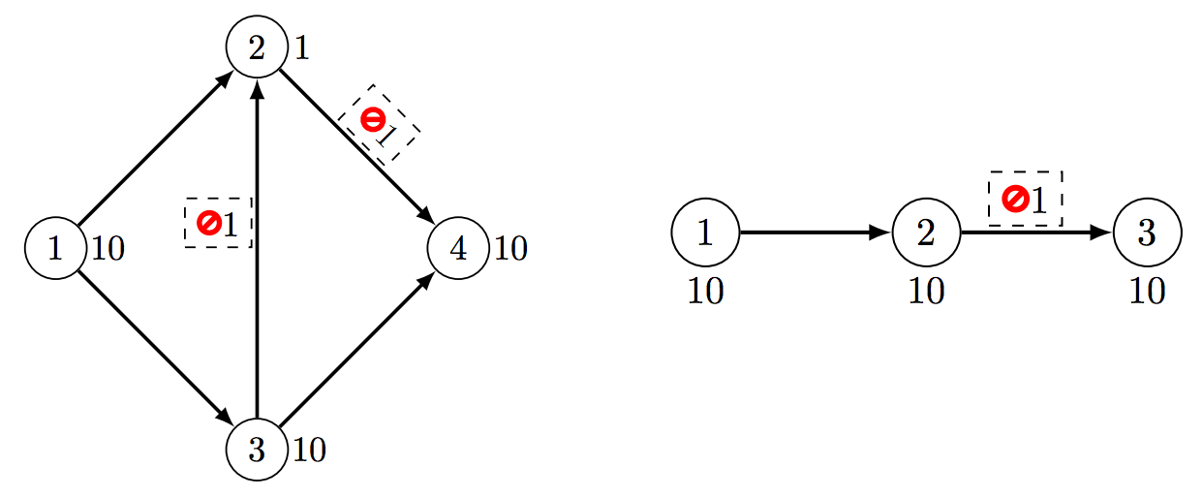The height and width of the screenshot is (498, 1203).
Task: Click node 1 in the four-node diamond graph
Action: [x=55, y=248]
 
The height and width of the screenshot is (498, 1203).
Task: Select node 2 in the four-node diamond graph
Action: [x=257, y=47]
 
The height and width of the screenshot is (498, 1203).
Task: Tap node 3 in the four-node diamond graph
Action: [x=257, y=450]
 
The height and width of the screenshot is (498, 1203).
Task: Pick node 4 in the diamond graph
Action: [x=458, y=248]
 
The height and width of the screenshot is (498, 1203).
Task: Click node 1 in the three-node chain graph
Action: [x=705, y=233]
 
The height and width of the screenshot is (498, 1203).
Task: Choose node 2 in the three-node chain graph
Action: [x=926, y=233]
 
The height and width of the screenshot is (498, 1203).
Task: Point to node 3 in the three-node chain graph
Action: [x=1147, y=233]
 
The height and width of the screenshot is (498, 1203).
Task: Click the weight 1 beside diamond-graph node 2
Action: [x=302, y=47]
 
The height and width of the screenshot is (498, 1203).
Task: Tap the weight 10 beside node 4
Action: [x=510, y=249]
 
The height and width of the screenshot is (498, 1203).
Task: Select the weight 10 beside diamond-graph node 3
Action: [x=309, y=451]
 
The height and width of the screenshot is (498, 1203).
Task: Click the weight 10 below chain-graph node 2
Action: [x=926, y=292]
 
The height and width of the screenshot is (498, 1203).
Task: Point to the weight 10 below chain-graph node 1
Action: [x=706, y=292]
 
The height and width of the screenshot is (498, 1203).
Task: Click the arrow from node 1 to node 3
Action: [x=156, y=349]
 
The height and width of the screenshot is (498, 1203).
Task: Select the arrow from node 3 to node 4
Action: [x=357, y=349]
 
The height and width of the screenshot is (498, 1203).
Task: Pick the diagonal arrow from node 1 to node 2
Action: [x=156, y=147]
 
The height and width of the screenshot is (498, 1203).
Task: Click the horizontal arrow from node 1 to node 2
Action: [x=816, y=233]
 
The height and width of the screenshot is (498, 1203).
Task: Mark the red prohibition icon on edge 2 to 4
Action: [x=373, y=119]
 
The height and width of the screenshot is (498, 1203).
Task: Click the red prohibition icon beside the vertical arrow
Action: [x=209, y=223]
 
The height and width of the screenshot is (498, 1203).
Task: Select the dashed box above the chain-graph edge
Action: [x=1026, y=199]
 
